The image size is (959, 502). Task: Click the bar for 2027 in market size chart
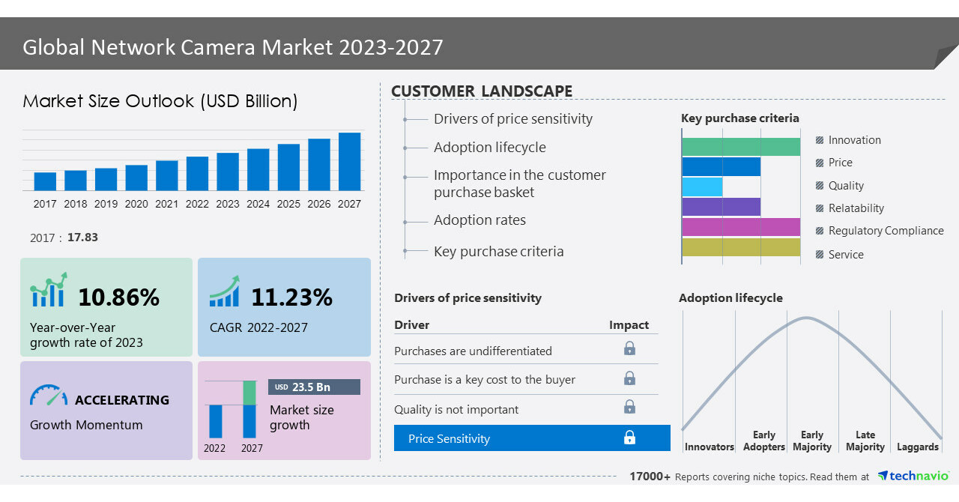coord(349,162)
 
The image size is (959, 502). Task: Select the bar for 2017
coord(45,181)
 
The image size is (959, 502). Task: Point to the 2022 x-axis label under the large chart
coord(197,204)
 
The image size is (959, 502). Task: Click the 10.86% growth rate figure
coord(118,297)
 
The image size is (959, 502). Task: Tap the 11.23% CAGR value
coord(291,297)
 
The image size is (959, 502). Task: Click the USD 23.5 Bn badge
coord(314,387)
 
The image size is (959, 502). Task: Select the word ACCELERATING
coord(122,400)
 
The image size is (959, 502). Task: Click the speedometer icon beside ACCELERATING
coord(49,396)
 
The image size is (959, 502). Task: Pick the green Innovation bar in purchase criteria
coord(740,147)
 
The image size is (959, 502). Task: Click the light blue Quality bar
coord(702,187)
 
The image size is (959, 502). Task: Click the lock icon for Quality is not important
coord(629,407)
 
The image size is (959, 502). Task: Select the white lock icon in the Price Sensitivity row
coord(629,438)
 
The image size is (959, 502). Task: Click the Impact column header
coord(629,324)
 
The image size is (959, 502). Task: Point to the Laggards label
coord(917,447)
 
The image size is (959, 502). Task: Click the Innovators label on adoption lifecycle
coord(709,447)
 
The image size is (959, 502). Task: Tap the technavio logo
coord(913,476)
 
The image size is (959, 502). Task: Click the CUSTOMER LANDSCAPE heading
coord(481,91)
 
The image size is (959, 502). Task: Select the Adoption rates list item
coord(479,220)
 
